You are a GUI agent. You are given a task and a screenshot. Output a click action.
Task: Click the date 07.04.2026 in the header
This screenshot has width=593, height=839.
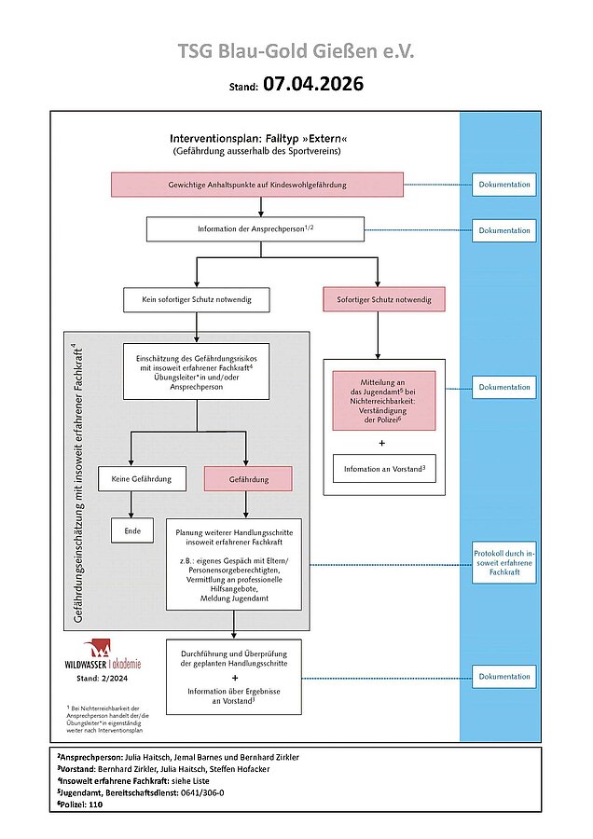312,85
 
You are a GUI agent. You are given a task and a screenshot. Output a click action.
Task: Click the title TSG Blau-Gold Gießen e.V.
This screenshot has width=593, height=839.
296,51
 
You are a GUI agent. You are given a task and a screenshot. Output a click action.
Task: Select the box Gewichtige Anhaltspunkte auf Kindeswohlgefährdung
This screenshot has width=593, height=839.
257,185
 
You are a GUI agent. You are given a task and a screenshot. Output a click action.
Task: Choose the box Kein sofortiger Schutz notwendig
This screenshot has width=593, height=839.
196,300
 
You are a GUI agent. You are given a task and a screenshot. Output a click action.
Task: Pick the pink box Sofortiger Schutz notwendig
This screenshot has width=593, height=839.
383,299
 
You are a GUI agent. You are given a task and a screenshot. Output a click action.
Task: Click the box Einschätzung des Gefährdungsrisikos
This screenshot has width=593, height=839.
196,371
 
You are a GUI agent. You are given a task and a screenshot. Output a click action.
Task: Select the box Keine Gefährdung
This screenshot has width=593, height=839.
131,479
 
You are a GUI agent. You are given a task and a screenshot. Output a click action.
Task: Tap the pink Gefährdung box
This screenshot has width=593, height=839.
247,479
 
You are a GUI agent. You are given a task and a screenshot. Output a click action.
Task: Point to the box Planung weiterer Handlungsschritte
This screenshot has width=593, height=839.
233,564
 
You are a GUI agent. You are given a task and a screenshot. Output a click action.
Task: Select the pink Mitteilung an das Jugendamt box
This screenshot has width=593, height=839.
383,400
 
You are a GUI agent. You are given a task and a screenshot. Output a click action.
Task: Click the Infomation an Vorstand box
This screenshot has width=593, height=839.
383,468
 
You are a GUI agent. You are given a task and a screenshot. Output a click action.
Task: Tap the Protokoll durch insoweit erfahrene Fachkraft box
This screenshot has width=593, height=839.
504,565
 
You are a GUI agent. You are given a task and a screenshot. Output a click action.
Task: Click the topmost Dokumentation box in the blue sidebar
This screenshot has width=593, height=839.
504,185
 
